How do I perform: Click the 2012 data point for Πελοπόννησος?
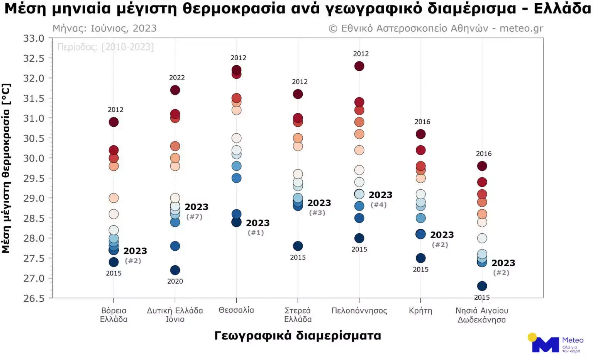(359, 66)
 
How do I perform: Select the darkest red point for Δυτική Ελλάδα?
(175, 90)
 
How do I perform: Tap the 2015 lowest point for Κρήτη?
(420, 258)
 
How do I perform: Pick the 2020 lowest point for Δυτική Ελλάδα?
(175, 270)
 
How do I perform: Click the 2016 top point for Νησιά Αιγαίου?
(482, 166)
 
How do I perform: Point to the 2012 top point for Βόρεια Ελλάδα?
(114, 122)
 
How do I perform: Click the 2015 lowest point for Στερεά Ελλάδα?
(298, 246)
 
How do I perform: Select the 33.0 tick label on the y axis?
(34, 38)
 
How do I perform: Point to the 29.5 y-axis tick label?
(34, 178)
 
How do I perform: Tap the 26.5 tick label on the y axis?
(34, 298)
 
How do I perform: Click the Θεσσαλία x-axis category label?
(236, 310)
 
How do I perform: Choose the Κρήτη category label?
(420, 311)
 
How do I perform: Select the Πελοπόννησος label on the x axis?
(359, 311)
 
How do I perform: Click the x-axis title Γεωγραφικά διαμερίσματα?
(298, 336)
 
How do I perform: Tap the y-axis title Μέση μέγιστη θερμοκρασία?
(6, 168)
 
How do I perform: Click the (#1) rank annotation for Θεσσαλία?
(256, 233)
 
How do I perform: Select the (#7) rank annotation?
(194, 217)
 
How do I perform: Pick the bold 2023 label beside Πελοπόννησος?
(380, 195)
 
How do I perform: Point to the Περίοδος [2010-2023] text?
(105, 47)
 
